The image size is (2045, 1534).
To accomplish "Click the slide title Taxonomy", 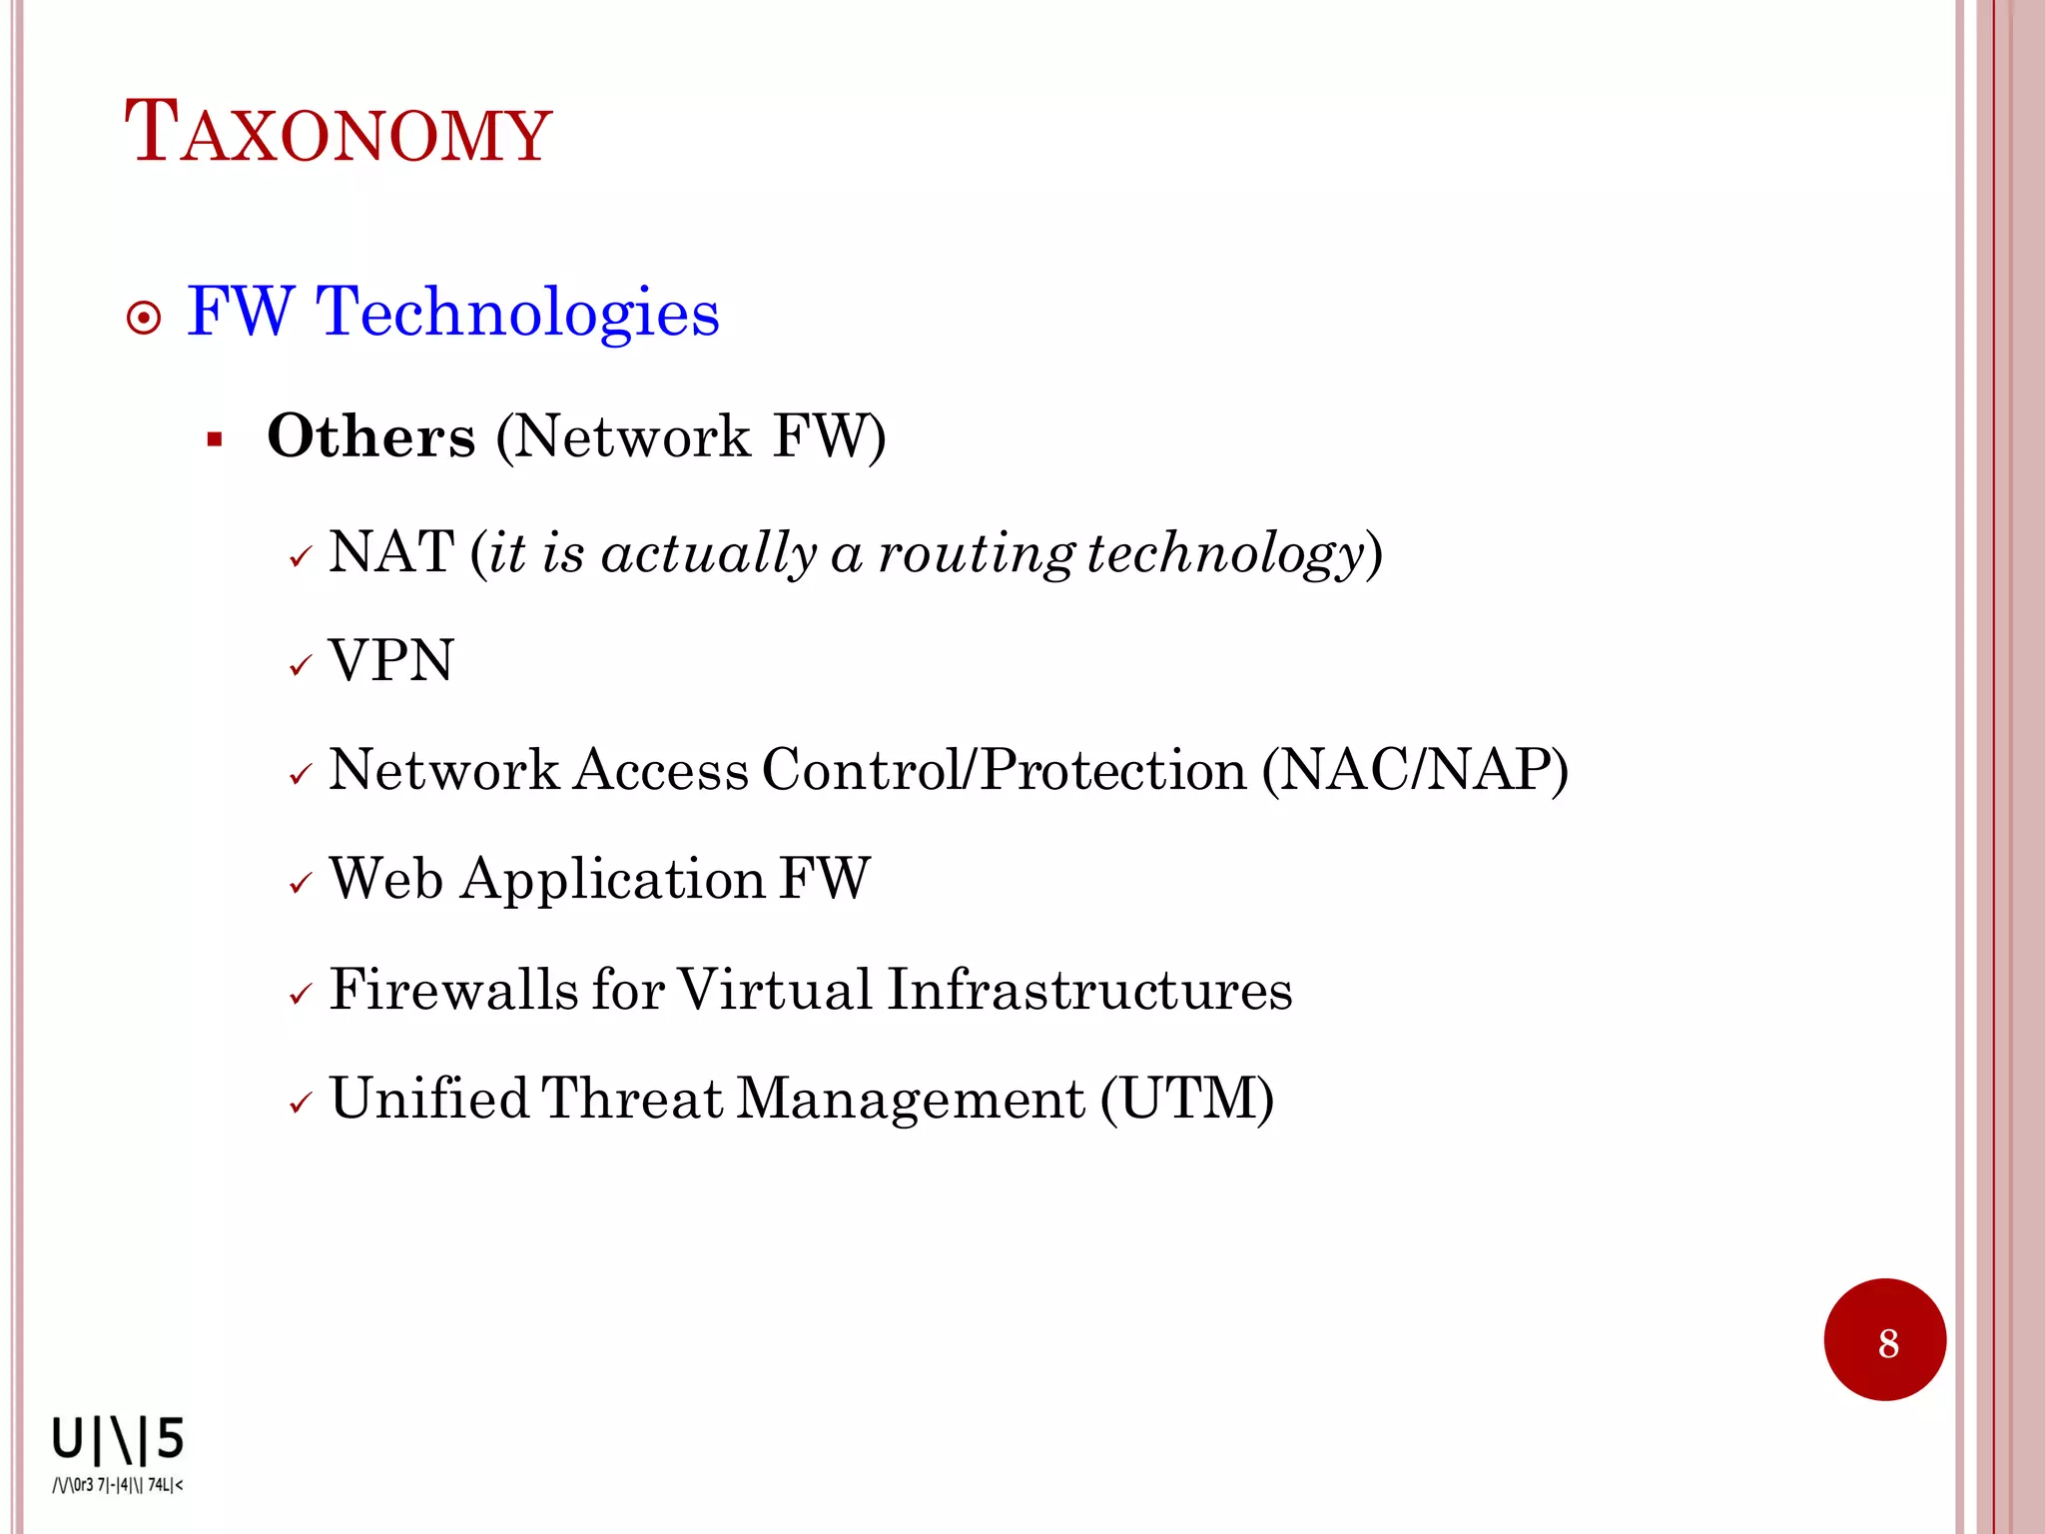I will (338, 133).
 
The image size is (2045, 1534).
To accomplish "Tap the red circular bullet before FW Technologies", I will (145, 319).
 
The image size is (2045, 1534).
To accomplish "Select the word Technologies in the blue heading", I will (517, 313).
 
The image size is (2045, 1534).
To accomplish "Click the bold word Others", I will (371, 437).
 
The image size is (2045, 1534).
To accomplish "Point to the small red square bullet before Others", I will (214, 439).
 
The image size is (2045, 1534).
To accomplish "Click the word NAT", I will (391, 551).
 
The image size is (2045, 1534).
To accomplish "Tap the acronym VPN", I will (391, 661).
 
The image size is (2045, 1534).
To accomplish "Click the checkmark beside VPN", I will (301, 666).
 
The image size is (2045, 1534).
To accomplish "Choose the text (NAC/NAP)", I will (1414, 770).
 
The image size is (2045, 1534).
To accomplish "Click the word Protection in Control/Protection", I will (1112, 770).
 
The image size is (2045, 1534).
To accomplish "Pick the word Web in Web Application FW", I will (386, 879).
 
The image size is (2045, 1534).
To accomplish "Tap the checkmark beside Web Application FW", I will (301, 884).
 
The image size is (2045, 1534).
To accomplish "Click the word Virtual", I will (775, 990).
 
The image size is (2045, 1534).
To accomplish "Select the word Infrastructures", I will (1088, 990).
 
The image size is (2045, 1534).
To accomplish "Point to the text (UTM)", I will (1187, 1099).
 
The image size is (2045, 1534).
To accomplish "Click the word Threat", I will (632, 1099).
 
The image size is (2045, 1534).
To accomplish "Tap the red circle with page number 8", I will (1884, 1340).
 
